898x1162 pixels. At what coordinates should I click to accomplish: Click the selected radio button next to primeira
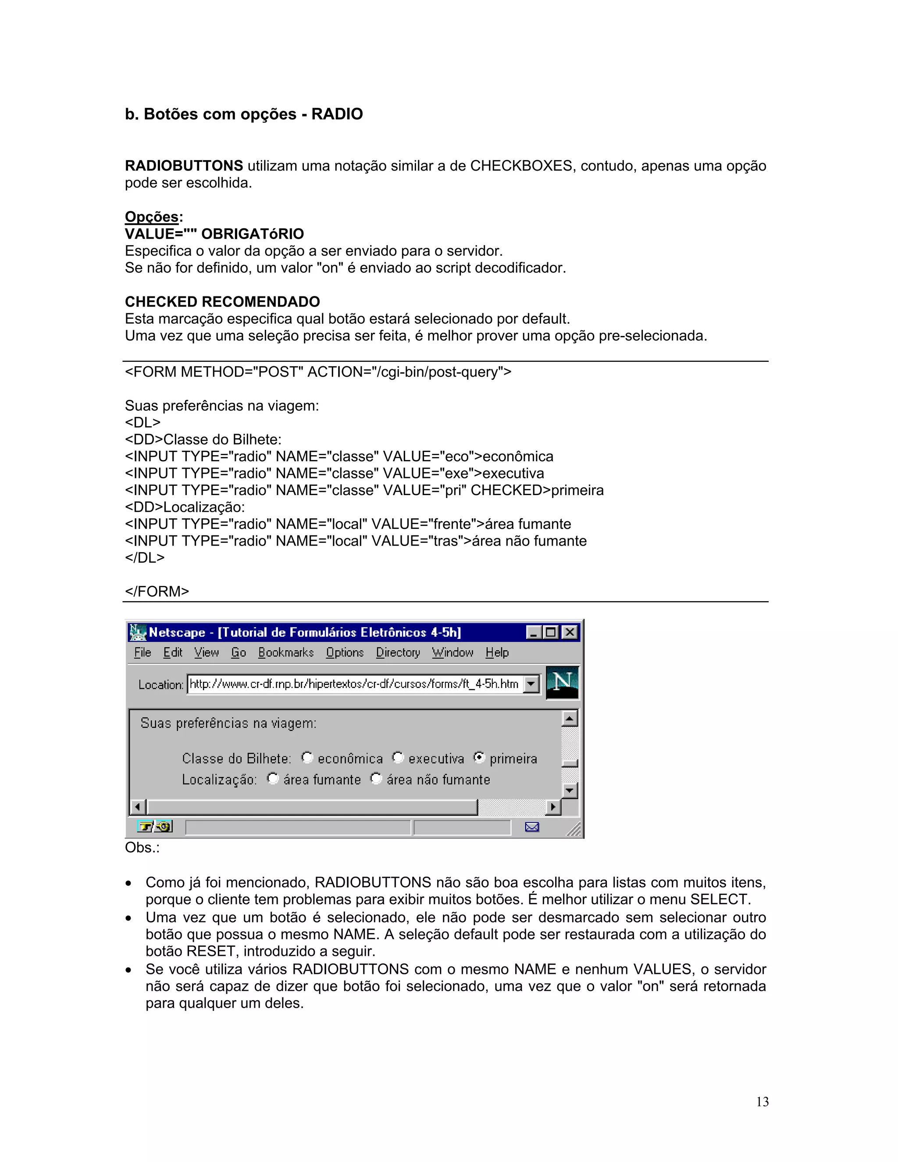479,757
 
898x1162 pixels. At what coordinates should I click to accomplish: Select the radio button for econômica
307,757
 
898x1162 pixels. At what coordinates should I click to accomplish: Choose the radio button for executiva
398,757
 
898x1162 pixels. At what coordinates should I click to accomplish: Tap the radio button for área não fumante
376,778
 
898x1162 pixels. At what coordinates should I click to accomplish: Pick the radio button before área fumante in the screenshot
273,778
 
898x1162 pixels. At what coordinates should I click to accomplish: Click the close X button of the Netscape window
569,632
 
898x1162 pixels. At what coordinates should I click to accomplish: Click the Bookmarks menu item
286,652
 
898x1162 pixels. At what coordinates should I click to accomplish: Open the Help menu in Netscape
497,652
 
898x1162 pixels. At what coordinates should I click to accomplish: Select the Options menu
345,652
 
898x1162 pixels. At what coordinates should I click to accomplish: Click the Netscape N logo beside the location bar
562,683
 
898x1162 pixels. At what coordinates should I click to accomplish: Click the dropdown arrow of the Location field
531,684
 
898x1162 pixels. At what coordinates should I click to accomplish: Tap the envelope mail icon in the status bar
532,827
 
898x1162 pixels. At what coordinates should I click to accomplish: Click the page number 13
763,1102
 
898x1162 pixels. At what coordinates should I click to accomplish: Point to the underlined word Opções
152,217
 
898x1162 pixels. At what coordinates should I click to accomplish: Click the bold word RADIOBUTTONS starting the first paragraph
184,166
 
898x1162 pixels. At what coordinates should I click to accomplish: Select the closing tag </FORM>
157,592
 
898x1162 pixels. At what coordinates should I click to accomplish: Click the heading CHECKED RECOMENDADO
222,302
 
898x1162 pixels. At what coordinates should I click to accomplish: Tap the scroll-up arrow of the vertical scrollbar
570,719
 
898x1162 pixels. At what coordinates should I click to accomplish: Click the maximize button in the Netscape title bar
551,632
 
